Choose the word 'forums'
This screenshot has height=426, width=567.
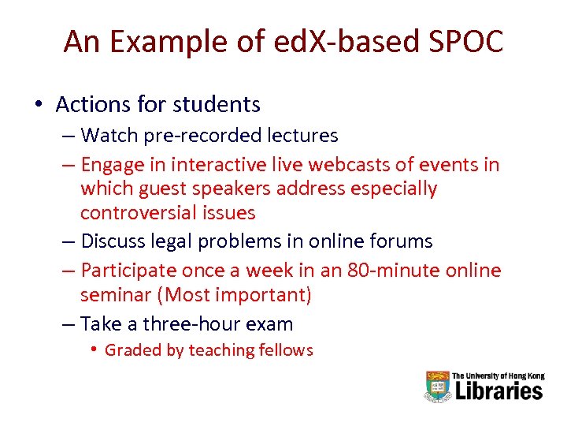tap(402, 241)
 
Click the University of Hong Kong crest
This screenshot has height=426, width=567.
tap(437, 386)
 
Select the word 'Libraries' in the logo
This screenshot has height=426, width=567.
tap(497, 390)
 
